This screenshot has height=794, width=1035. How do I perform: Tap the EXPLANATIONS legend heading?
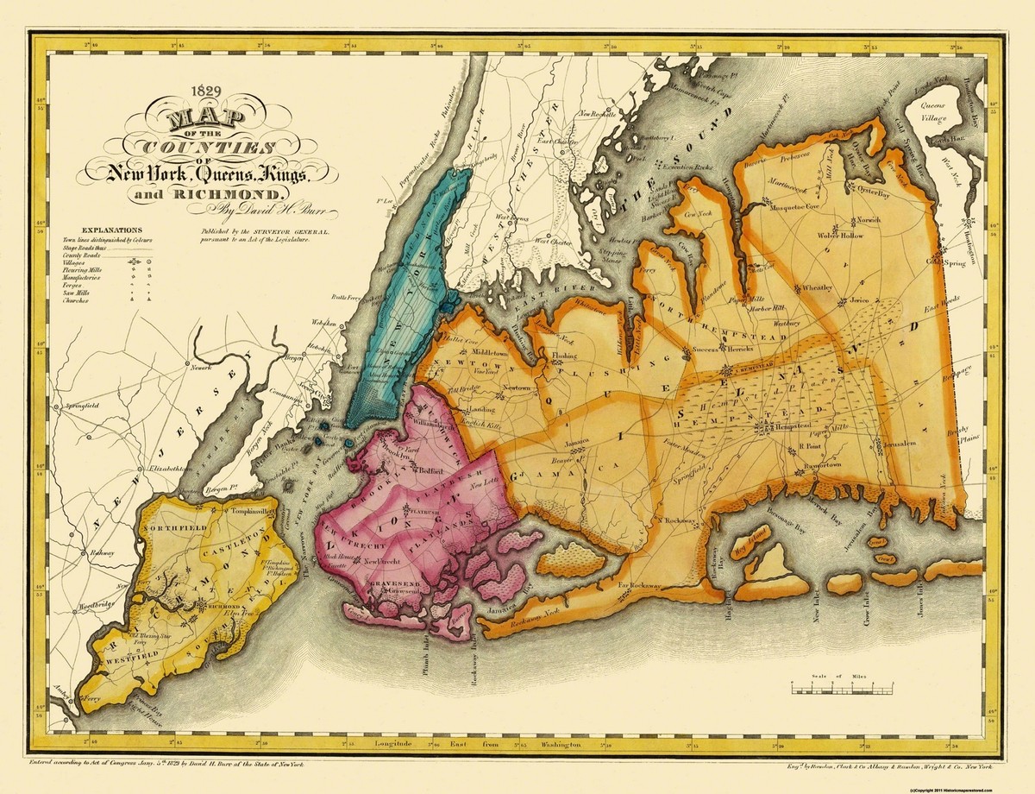point(96,230)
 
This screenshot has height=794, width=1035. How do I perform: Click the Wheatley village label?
point(817,287)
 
